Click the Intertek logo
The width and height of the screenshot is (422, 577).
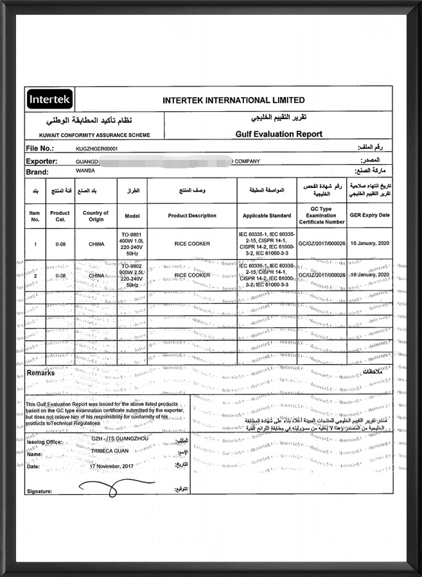(x=50, y=100)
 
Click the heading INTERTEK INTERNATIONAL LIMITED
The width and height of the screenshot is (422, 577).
(x=234, y=100)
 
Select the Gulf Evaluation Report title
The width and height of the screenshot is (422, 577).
(x=279, y=134)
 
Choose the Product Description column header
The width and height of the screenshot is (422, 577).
(x=192, y=215)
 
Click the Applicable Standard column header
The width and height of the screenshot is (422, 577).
(x=267, y=215)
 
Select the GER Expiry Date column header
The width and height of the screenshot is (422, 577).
(x=370, y=215)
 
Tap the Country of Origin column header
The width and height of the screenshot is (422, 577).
(x=96, y=215)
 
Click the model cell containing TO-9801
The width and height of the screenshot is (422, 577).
(x=132, y=244)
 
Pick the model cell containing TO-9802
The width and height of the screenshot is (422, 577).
(x=132, y=275)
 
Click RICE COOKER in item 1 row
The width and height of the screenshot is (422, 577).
(x=192, y=244)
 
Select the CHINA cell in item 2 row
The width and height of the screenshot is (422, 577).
(x=96, y=275)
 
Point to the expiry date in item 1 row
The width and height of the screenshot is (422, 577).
(x=370, y=244)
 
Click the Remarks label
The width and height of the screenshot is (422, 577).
(x=40, y=373)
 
